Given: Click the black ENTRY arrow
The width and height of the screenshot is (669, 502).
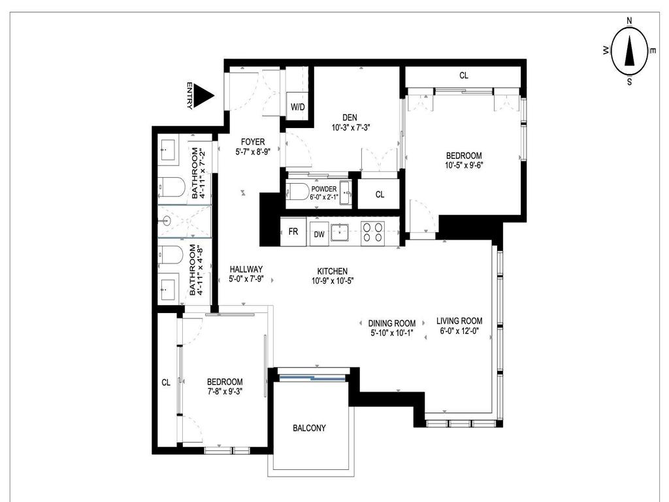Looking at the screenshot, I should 205,96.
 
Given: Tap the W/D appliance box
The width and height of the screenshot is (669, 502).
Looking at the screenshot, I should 297,107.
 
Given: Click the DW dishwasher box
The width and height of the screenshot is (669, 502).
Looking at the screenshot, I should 319,234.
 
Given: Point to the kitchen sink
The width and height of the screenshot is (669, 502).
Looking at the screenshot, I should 340,233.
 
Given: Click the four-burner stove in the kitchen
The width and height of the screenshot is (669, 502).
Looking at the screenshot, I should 372,233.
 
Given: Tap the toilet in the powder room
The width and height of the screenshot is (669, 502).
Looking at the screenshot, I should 300,192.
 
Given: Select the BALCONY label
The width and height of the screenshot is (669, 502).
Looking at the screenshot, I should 309,428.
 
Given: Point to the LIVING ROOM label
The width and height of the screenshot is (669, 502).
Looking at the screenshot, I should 459,321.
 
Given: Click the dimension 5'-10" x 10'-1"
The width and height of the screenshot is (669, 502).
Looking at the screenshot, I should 392,333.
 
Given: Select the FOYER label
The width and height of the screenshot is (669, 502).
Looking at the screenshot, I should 252,142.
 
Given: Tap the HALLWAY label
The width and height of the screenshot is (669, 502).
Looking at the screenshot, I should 246,269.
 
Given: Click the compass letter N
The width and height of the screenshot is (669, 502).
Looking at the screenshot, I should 629,21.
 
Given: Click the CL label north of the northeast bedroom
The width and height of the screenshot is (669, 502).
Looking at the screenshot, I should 464,76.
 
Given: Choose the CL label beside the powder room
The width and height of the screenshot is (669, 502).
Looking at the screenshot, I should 380,194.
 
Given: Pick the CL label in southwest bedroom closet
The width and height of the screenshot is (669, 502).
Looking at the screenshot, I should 166,382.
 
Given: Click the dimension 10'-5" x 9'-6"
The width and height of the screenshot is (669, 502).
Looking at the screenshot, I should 464,165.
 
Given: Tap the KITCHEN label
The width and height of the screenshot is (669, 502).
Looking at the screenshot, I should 332,271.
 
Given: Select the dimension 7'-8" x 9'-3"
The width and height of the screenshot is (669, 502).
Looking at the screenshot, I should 225,392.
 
